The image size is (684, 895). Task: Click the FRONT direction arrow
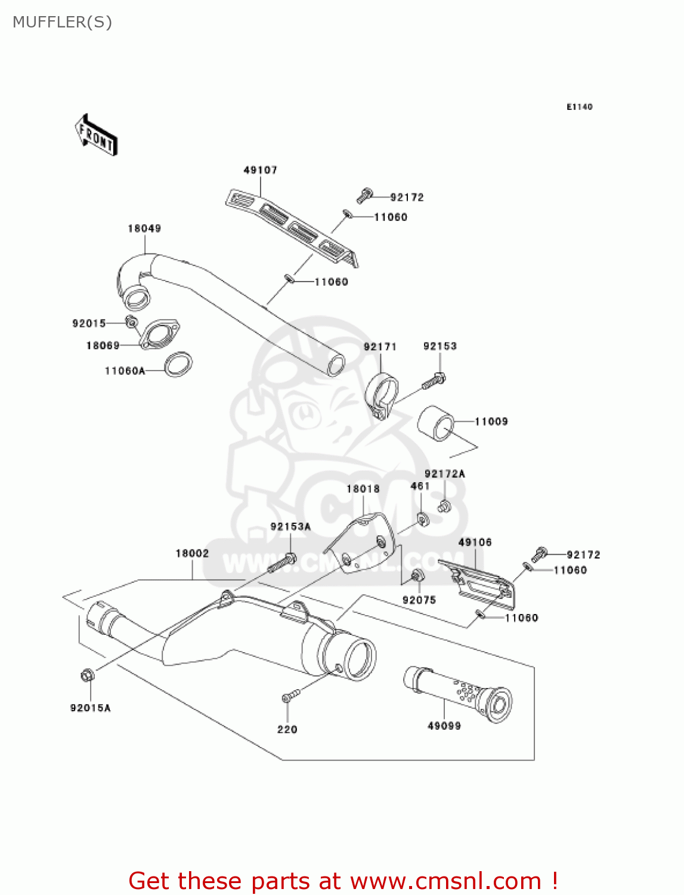coord(96,135)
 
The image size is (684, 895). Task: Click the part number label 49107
coord(260,170)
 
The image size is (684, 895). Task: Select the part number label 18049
coord(144,229)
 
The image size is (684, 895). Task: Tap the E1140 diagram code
coord(579,107)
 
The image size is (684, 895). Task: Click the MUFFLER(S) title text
coord(62,22)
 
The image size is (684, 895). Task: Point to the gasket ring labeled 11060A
coord(178,365)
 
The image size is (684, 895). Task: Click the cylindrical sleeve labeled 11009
coord(435,423)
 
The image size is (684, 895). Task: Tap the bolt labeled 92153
coord(434,381)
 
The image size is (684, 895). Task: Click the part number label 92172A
coord(444,474)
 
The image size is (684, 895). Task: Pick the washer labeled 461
coord(423,519)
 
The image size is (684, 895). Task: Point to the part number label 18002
coord(192,554)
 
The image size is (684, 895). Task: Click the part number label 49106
coord(475,542)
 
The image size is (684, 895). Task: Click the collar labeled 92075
coord(417,576)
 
